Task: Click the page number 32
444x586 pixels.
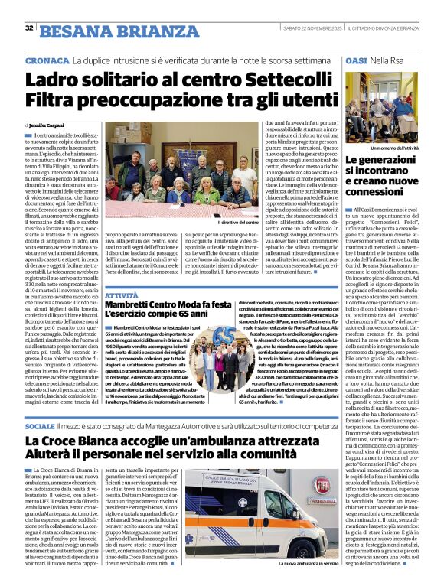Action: coord(29,28)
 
